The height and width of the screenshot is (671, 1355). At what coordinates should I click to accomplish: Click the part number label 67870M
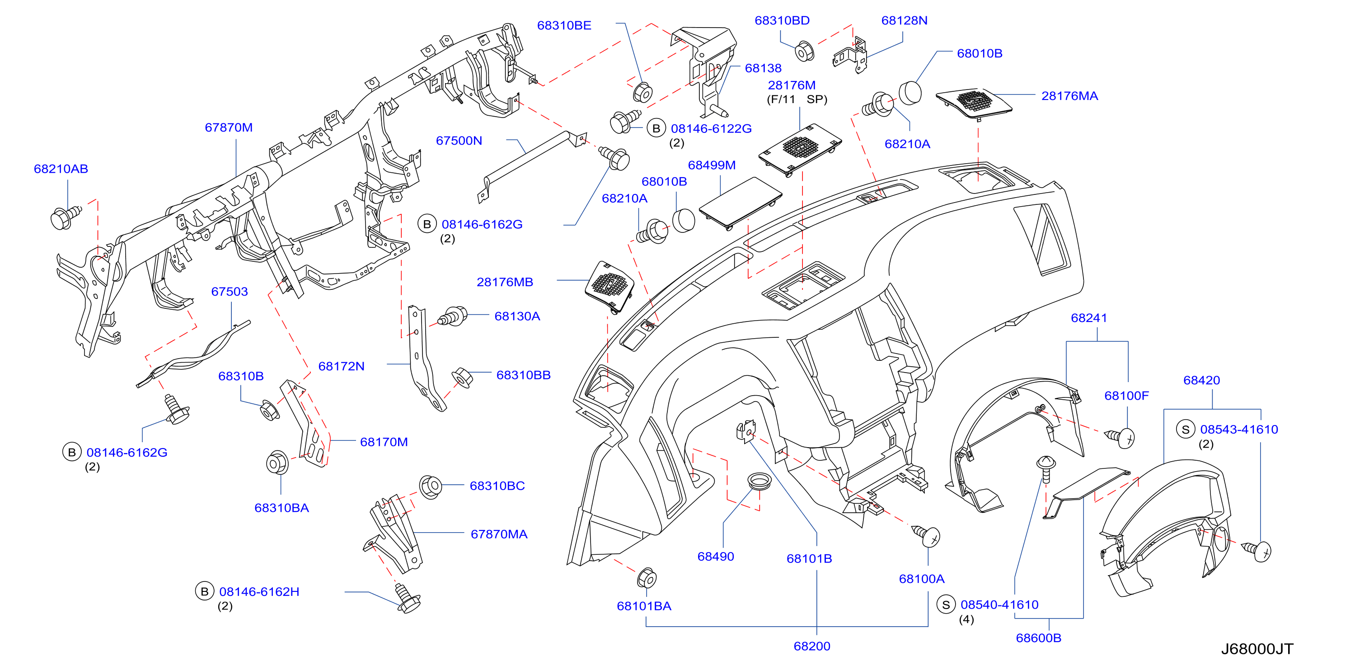(228, 128)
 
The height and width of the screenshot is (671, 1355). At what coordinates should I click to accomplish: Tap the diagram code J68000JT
(1257, 649)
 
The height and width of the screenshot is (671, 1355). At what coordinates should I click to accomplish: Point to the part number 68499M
(711, 165)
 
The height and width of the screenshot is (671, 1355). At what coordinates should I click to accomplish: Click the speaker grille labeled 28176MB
(610, 286)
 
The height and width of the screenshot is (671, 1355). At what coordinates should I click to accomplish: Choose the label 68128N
(904, 20)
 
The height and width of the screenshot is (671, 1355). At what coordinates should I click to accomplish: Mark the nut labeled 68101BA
(647, 578)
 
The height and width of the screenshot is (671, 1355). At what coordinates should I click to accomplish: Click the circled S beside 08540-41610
(946, 605)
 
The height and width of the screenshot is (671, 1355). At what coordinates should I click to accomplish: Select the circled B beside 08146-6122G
(656, 128)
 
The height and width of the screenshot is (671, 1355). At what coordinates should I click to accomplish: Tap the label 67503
(230, 292)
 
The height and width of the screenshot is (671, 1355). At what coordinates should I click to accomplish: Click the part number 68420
(1201, 380)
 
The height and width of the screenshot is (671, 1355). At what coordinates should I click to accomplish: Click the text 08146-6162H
(259, 591)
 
